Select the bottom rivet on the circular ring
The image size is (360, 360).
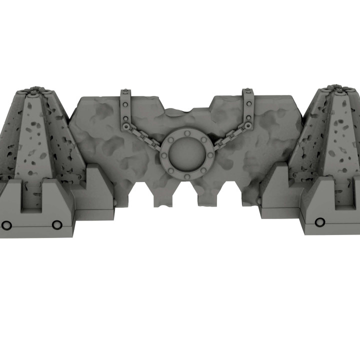(x=187, y=176)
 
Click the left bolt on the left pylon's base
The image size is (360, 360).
(x=6, y=224)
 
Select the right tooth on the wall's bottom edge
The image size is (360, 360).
(x=206, y=198)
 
